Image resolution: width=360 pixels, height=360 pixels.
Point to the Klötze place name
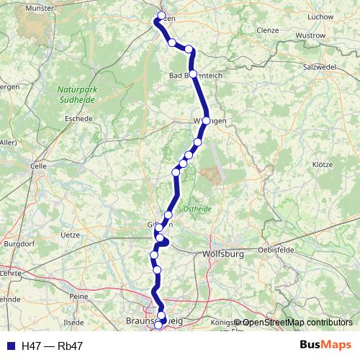[x=323, y=164]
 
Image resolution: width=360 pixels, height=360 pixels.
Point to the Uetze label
[x=71, y=235]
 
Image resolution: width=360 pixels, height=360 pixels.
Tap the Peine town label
[x=79, y=296]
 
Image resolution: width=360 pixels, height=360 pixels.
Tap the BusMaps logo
[x=325, y=346]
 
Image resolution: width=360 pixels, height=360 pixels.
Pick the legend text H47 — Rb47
[x=53, y=346]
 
